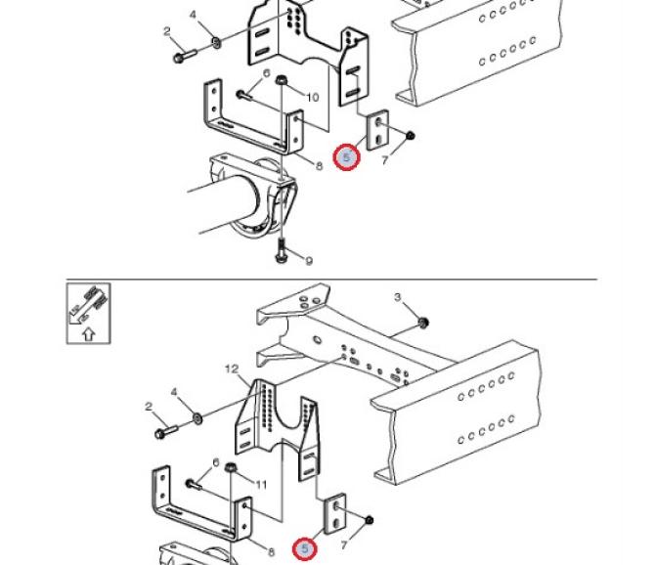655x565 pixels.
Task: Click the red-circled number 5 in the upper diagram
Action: click(x=346, y=157)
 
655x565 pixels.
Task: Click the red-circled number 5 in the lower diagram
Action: click(x=305, y=548)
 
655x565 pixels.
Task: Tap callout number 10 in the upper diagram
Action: click(x=313, y=98)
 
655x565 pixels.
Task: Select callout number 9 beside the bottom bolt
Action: click(x=309, y=261)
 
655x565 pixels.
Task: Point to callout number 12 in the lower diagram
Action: click(x=232, y=369)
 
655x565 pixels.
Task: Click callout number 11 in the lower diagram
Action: click(x=261, y=485)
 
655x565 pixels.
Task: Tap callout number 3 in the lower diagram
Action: click(x=397, y=297)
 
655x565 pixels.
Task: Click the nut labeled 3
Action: click(x=422, y=323)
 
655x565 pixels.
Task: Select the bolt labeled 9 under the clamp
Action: click(x=281, y=250)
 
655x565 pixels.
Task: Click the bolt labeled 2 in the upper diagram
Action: click(x=184, y=56)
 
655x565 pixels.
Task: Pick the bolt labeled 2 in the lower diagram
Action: click(x=166, y=432)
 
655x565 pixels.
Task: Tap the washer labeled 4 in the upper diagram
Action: click(x=216, y=42)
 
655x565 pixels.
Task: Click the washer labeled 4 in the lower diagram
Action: click(x=197, y=417)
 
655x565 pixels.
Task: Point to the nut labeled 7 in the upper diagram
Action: click(x=411, y=136)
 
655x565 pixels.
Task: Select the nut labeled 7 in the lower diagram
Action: click(x=369, y=520)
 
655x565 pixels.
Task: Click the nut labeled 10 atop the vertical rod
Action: click(x=281, y=79)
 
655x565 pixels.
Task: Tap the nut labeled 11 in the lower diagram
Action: click(x=230, y=467)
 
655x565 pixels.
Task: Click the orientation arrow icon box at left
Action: click(x=89, y=314)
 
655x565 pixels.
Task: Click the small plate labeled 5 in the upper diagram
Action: click(x=377, y=130)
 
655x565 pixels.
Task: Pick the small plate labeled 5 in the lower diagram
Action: click(x=335, y=514)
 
